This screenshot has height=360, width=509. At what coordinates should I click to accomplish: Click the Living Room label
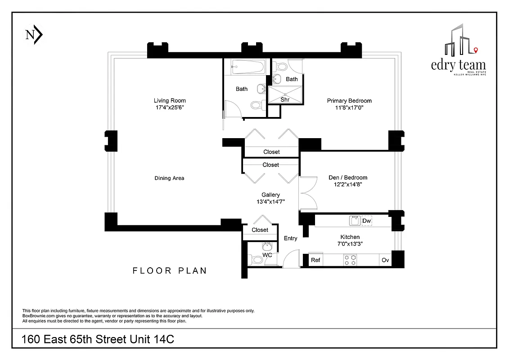[x=170, y=100]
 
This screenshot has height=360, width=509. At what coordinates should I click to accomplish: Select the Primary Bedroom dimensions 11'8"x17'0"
[x=349, y=108]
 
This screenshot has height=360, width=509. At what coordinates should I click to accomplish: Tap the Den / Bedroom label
[x=348, y=177]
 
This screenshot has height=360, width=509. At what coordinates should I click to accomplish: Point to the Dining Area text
[x=169, y=178]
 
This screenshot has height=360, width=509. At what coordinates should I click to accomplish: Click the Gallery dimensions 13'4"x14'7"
[x=270, y=202]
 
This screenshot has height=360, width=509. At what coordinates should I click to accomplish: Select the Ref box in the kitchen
[x=315, y=260]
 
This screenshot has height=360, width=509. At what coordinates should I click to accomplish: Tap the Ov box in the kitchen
[x=385, y=260]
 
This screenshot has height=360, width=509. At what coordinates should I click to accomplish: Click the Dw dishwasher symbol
[x=367, y=220]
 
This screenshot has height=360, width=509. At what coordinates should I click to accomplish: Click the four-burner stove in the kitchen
[x=350, y=260]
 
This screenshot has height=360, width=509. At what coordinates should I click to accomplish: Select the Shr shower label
[x=285, y=99]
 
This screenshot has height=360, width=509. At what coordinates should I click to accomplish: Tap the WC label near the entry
[x=267, y=255]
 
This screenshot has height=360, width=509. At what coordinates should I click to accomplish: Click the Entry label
[x=290, y=238]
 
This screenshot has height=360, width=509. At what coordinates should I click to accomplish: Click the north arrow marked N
[x=34, y=36]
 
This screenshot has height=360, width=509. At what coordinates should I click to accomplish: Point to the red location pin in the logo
[x=476, y=49]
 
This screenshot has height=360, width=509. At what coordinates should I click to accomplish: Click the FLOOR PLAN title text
[x=170, y=270]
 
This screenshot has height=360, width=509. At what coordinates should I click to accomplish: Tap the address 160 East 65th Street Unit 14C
[x=98, y=340]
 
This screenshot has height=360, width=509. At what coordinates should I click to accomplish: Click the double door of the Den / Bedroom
[x=307, y=193]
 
